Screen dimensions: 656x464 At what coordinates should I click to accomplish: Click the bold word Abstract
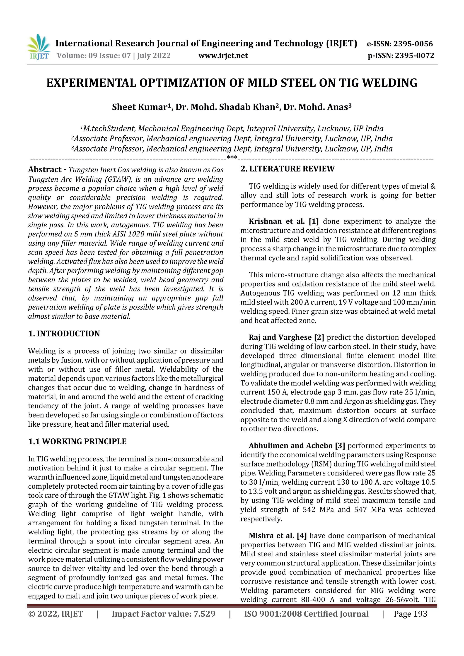tap(45, 170)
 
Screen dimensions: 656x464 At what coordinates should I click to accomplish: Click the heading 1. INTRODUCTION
tap(64, 334)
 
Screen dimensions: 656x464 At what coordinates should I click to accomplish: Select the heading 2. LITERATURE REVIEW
tap(287, 169)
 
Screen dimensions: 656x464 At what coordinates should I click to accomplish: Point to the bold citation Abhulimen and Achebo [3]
tap(297, 446)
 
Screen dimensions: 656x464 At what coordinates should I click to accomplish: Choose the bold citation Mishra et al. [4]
tap(278, 536)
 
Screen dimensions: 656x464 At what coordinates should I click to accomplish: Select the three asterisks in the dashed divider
tap(232, 157)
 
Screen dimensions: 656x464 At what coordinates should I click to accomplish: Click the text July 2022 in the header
tap(154, 56)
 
